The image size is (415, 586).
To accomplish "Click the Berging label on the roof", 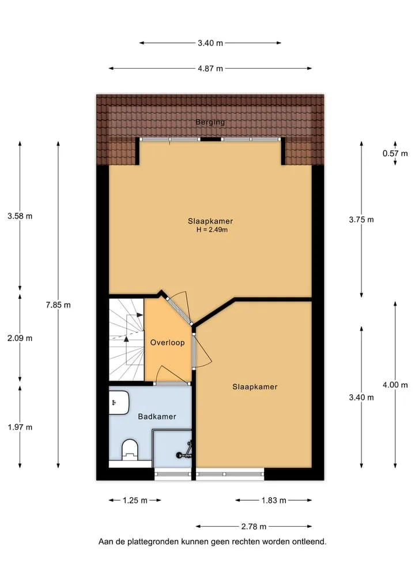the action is tap(210, 122).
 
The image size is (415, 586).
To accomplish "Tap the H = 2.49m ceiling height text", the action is tap(212, 230).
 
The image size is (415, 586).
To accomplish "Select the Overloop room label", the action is tap(168, 342).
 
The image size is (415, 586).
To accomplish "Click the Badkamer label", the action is tap(157, 417).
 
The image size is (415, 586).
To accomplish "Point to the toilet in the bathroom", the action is tap(130, 450).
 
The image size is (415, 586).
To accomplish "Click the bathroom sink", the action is tap(119, 403).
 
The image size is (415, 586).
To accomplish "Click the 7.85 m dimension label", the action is tap(58, 305).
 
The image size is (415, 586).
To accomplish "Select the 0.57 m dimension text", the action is tap(395, 153).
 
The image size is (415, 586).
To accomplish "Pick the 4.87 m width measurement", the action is tap(210, 69).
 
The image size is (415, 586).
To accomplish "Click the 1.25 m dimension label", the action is tap(135, 500).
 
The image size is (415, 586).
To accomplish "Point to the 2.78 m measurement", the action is tap(254, 527).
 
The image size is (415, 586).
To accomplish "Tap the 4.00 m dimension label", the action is tap(395, 385).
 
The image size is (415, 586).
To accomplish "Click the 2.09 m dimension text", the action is tap(20, 338).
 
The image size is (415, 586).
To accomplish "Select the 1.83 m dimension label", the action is tap(274, 500).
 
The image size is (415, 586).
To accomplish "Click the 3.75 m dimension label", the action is tap(361, 220).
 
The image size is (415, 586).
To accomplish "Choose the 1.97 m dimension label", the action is tap(20, 427).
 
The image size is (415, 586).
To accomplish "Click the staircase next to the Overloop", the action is tap(126, 339).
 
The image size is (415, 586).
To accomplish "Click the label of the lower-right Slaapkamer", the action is tap(255, 387).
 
